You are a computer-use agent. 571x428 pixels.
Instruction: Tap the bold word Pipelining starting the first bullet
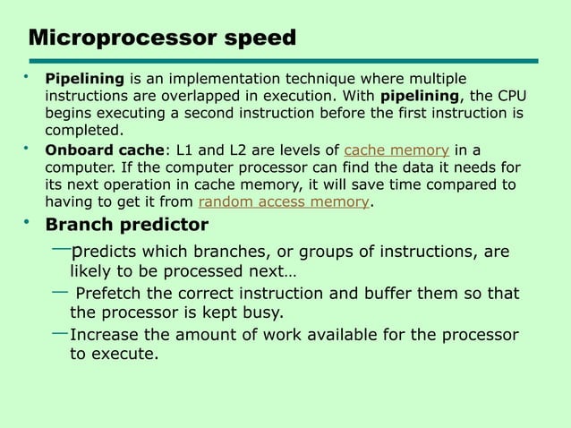tap(86, 79)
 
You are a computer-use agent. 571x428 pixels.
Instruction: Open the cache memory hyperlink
tap(396, 150)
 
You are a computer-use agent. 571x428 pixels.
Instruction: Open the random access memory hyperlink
tap(283, 202)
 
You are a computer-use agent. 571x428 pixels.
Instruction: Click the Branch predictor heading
tap(126, 225)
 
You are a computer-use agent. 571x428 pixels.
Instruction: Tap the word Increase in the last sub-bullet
tap(105, 335)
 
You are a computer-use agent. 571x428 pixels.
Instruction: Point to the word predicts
tap(105, 252)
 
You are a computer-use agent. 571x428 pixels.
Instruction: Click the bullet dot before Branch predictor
tap(27, 221)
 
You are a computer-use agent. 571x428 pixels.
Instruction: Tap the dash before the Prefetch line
tap(61, 291)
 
